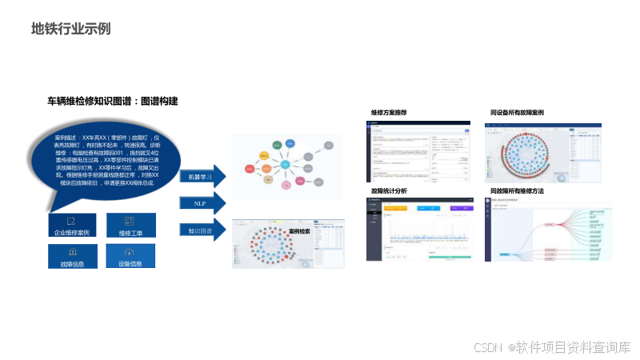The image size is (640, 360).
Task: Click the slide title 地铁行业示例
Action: pos(70,29)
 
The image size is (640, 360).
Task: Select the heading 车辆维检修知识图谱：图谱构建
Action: pos(112,102)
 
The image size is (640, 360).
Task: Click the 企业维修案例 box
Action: pos(72,225)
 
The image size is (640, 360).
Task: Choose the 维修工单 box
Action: pos(130,225)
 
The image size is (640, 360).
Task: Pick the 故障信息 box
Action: pos(72,256)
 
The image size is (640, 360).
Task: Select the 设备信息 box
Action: pos(130,256)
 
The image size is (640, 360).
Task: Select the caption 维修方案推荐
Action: pos(389,113)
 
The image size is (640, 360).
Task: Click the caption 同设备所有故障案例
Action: pos(517,113)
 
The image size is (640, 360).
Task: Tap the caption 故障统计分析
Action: pos(389,192)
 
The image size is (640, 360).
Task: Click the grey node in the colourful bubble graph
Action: pos(329,146)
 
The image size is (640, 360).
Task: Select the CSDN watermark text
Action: pos(552,347)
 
